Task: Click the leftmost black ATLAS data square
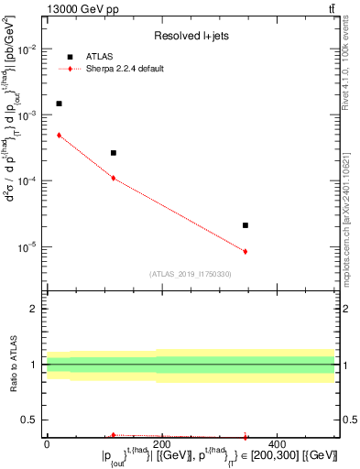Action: (60, 104)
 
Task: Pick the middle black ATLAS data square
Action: (114, 153)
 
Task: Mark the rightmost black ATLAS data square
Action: (245, 225)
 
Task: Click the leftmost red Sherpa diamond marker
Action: (60, 135)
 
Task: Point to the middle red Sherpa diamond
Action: (114, 178)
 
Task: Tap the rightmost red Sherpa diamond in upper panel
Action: (245, 251)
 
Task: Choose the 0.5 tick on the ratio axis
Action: (34, 420)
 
